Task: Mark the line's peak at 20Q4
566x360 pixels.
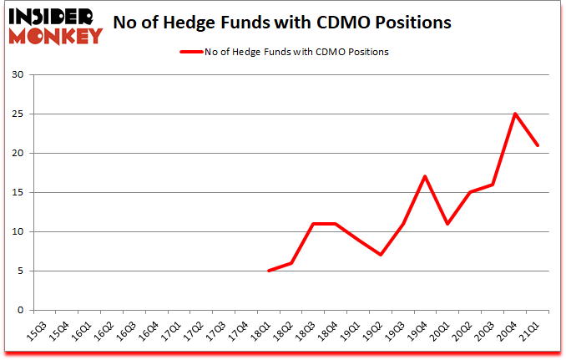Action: (515, 114)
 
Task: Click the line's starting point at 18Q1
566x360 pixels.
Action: (268, 271)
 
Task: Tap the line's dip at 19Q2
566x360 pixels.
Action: (381, 255)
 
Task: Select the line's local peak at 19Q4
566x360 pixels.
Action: (426, 176)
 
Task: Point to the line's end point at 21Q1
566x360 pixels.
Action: (538, 145)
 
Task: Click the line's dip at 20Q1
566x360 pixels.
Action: (448, 224)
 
